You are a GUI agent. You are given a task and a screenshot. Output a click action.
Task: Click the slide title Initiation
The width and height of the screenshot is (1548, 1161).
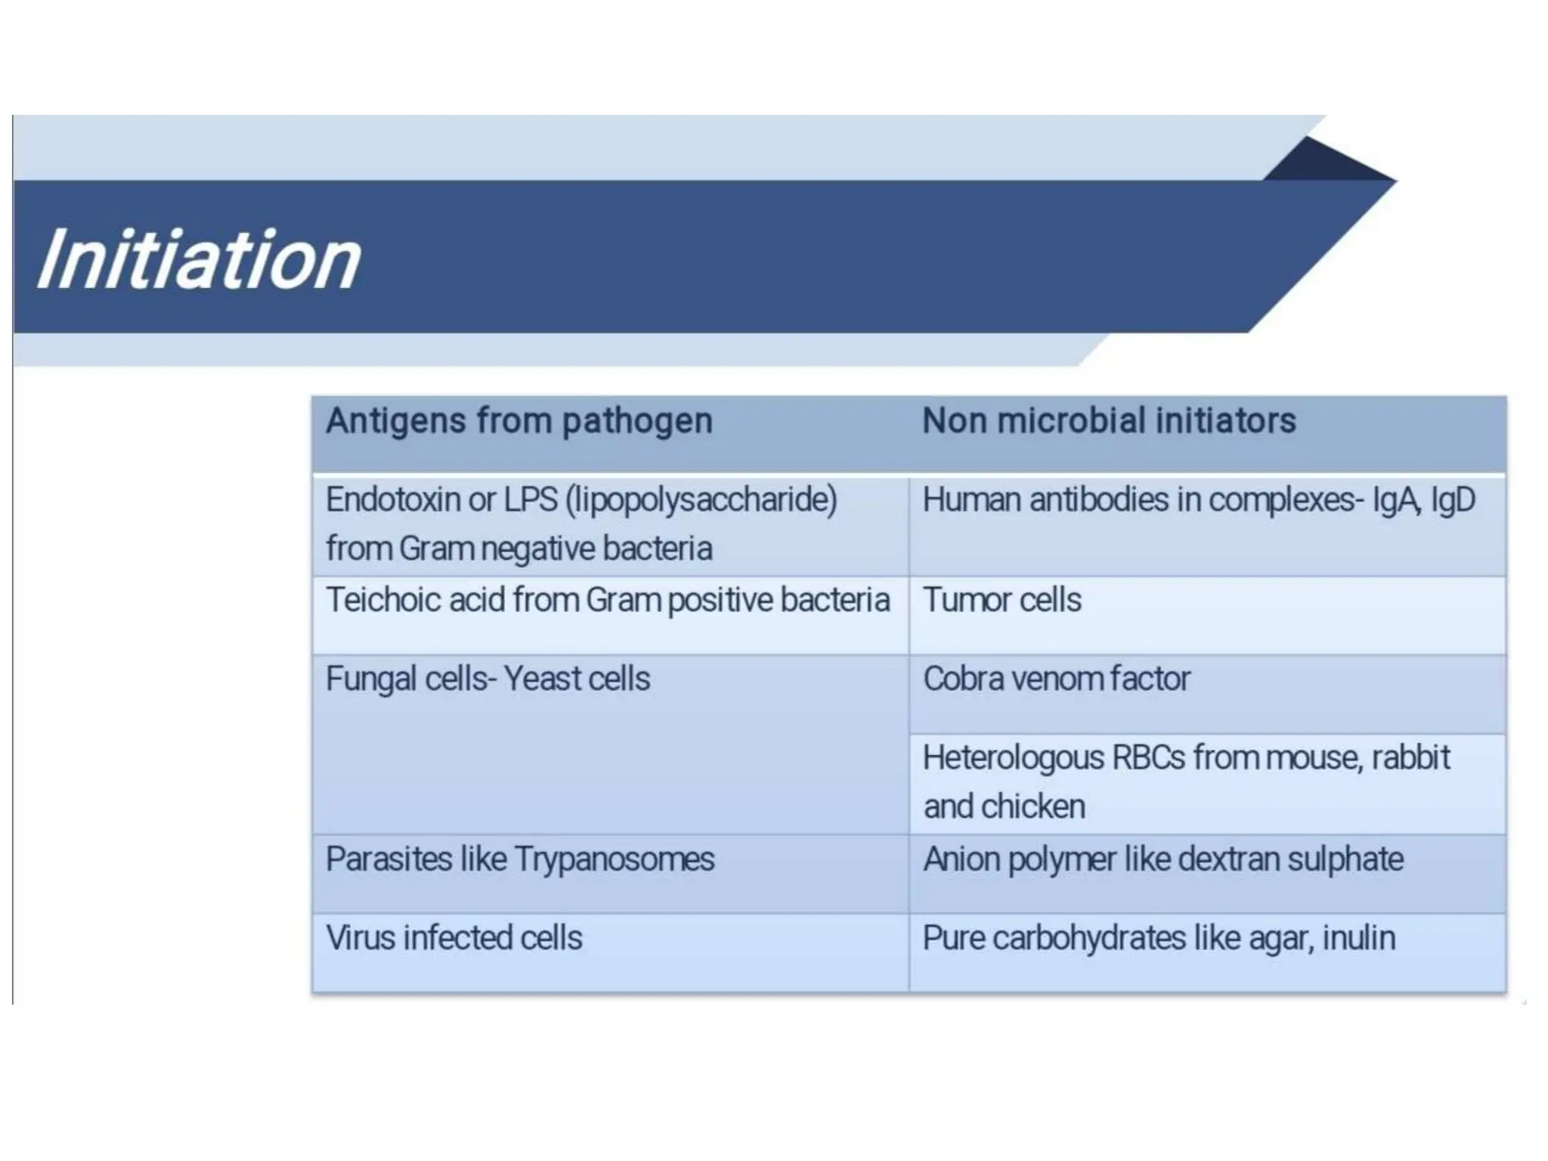pos(199,260)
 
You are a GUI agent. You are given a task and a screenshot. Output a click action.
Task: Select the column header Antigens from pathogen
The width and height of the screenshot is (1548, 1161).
pos(519,421)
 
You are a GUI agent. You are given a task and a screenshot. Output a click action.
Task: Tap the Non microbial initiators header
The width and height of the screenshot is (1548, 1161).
pos(1109,421)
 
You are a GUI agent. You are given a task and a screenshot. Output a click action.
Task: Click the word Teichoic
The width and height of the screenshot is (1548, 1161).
pos(383,600)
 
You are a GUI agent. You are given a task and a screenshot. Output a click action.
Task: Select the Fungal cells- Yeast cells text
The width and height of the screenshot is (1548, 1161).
pos(488,679)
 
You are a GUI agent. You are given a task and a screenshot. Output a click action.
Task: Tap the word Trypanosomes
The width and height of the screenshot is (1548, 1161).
pos(614,859)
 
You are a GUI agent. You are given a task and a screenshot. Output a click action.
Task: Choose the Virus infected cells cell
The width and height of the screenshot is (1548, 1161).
pos(454,938)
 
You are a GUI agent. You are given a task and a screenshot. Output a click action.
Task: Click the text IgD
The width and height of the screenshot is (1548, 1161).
pos(1453,500)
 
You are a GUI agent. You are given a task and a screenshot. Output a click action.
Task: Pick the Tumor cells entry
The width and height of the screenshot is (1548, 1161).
pos(1002,600)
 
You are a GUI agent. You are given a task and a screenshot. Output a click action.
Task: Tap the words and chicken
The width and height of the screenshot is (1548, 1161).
pos(1005,807)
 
